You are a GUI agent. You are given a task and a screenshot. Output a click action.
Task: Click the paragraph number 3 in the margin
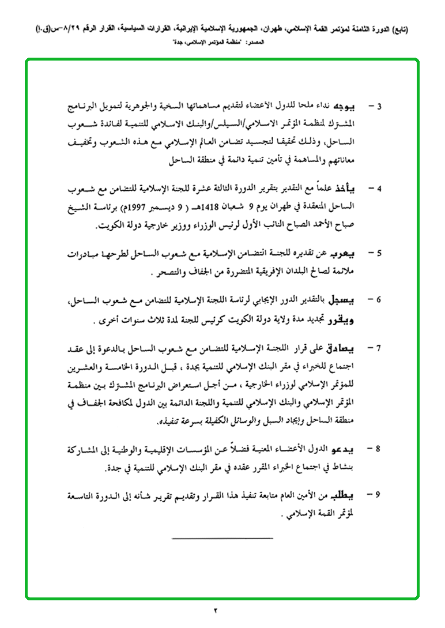pyautogui.click(x=379, y=107)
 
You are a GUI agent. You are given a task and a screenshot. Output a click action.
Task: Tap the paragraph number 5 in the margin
pyautogui.click(x=379, y=253)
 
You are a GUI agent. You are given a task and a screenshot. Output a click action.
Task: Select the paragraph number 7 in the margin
pyautogui.click(x=379, y=348)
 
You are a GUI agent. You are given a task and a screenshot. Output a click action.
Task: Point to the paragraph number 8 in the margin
pyautogui.click(x=379, y=448)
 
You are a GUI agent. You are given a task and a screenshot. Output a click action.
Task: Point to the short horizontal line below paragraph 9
pyautogui.click(x=222, y=539)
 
